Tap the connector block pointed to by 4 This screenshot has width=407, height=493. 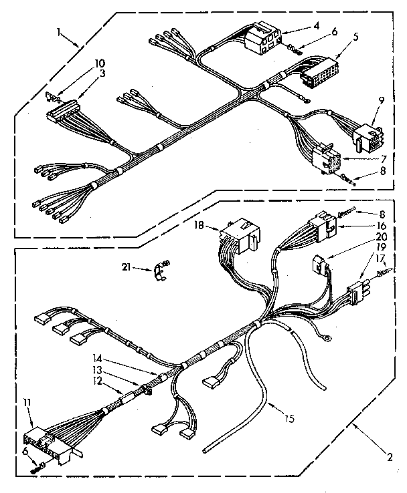click(x=262, y=39)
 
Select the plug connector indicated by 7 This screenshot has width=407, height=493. click(x=327, y=162)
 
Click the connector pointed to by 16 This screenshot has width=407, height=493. click(x=322, y=223)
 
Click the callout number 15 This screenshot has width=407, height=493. click(x=289, y=420)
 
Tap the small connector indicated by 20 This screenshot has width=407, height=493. click(x=319, y=265)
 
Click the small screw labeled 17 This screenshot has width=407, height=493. click(x=383, y=273)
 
